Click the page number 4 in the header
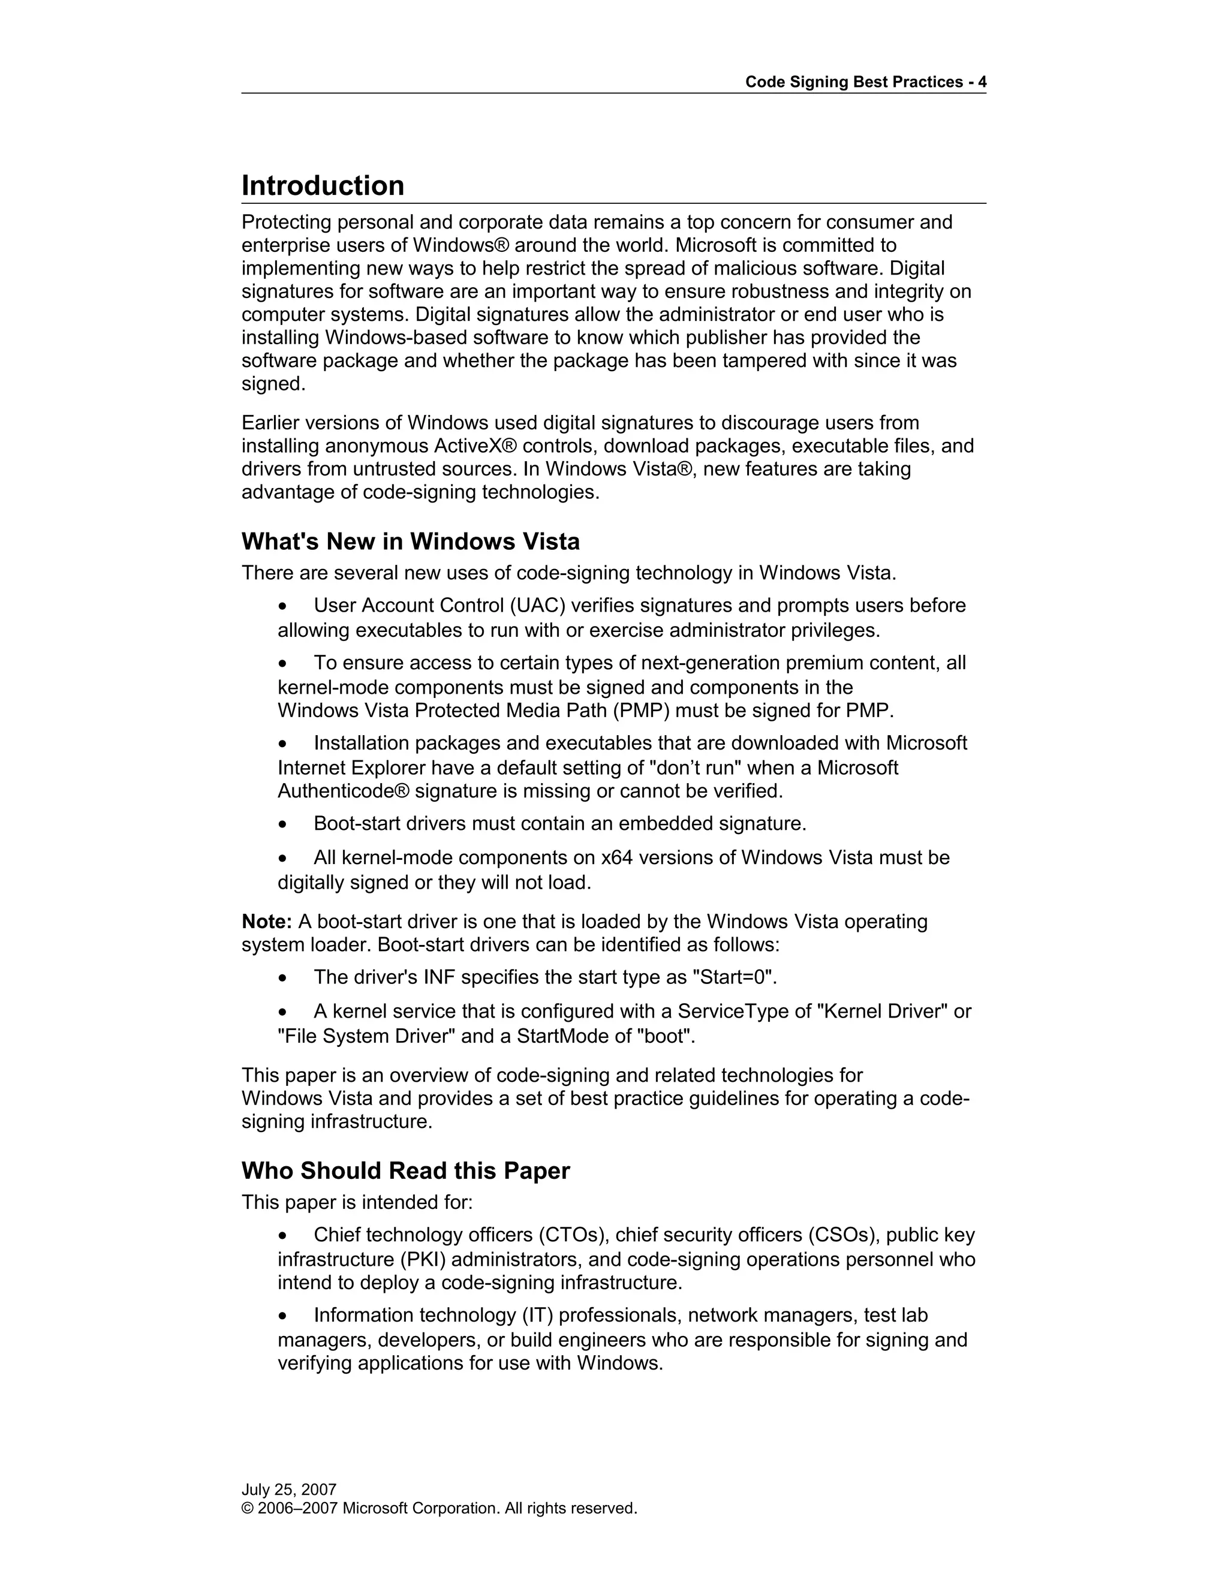tap(982, 82)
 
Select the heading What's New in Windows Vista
tap(410, 542)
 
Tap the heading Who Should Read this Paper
tap(405, 1170)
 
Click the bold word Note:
tap(266, 922)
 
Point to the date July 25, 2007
tap(289, 1489)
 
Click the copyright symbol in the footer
tap(248, 1508)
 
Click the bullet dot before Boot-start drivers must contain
tap(283, 825)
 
